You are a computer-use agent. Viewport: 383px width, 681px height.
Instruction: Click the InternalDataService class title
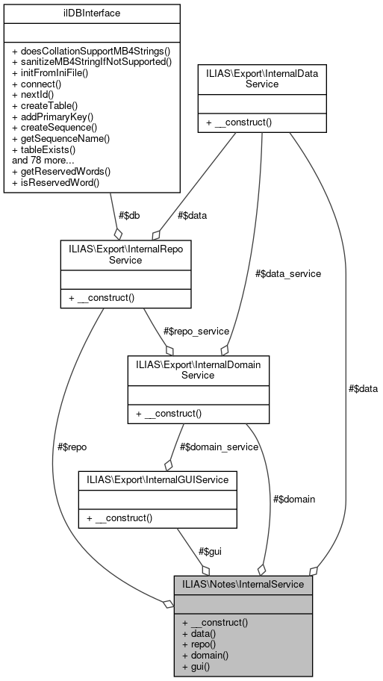pyautogui.click(x=261, y=78)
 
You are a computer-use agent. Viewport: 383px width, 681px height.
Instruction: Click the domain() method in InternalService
pyautogui.click(x=210, y=653)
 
